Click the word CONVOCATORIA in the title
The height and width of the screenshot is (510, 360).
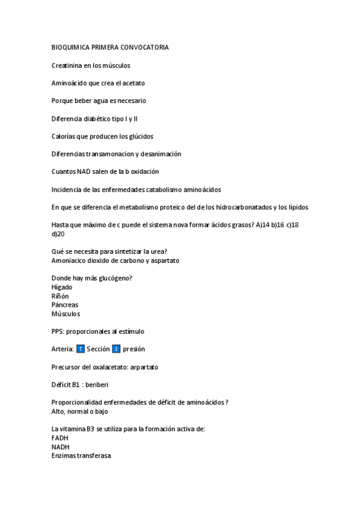tap(145, 47)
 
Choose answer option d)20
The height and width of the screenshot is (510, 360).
tap(58, 234)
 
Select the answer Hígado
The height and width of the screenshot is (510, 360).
tap(62, 287)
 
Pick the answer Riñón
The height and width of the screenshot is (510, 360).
tap(60, 296)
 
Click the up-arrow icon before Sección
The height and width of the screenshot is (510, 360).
tap(81, 349)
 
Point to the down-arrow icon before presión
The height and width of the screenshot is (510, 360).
tap(117, 349)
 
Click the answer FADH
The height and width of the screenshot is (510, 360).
tap(60, 438)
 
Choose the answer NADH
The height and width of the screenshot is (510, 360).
tap(61, 447)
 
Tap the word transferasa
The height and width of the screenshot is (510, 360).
tap(94, 456)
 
